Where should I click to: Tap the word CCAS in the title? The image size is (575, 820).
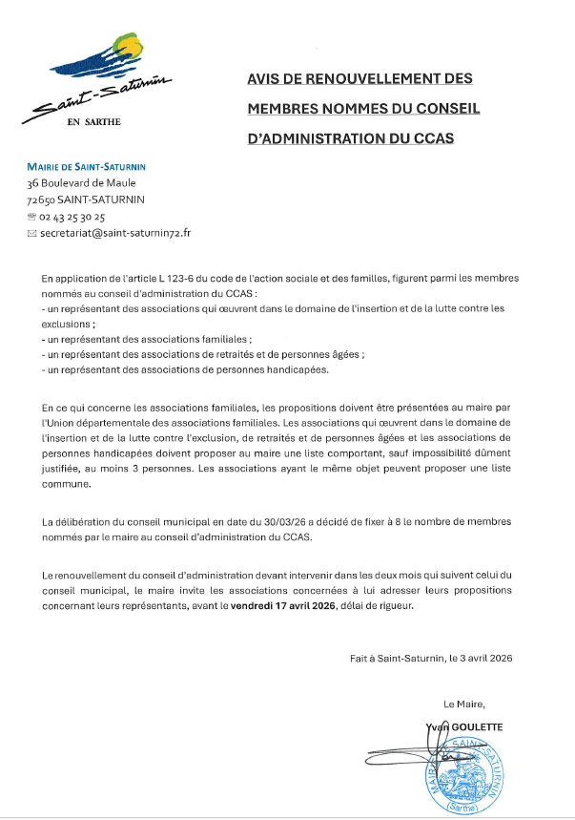[433, 138]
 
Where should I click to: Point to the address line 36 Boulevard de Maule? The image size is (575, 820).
[81, 183]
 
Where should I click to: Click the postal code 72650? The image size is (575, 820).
[41, 200]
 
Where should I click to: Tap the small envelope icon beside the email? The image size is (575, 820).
[32, 233]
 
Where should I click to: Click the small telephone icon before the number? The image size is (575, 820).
[32, 217]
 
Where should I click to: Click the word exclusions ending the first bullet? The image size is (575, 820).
[66, 324]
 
